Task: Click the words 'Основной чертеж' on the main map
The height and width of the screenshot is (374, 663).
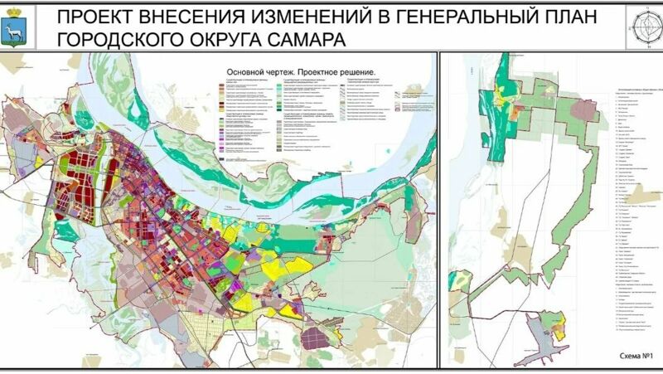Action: [254, 73]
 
